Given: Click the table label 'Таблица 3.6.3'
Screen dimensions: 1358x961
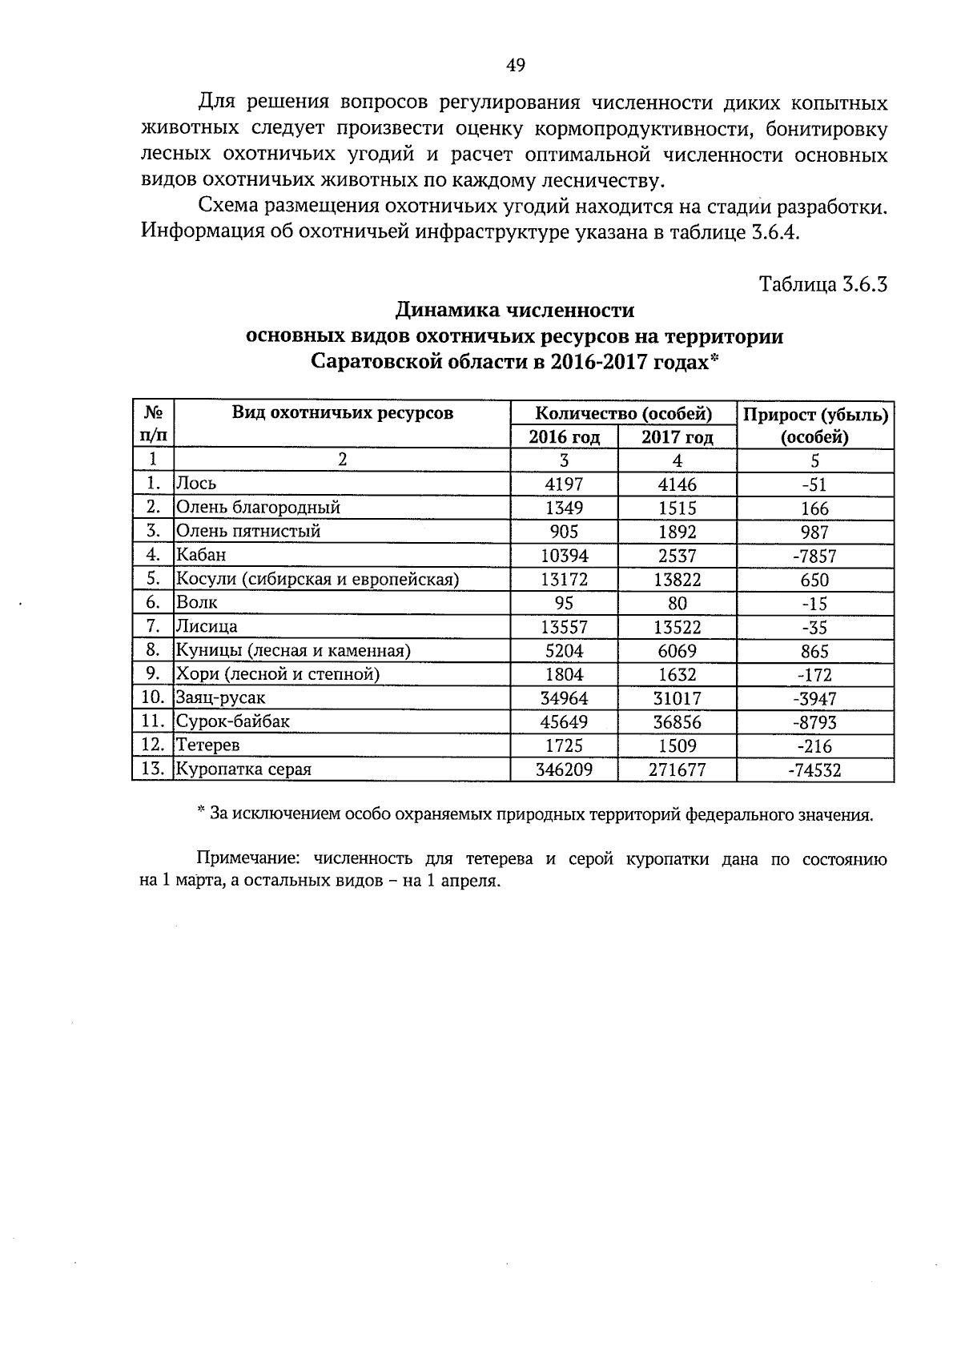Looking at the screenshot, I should [x=823, y=284].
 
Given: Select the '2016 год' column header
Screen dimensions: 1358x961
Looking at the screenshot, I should [x=564, y=437].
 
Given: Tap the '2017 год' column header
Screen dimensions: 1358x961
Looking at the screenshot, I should [x=677, y=437].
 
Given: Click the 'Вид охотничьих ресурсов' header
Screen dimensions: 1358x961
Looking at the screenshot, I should [x=343, y=413].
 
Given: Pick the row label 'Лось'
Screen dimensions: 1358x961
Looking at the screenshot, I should [x=196, y=484].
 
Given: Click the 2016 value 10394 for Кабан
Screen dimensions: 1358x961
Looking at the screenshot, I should [x=564, y=555].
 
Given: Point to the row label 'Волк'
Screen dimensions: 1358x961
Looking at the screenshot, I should [x=197, y=602].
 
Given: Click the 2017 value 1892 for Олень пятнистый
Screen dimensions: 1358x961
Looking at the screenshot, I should [x=677, y=532].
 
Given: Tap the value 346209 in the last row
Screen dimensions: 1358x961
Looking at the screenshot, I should [x=564, y=769].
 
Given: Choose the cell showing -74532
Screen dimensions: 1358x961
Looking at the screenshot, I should [x=814, y=770].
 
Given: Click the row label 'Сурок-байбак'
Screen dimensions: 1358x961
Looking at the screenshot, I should [x=233, y=721].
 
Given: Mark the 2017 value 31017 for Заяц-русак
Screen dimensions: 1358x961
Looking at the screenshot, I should [x=677, y=698].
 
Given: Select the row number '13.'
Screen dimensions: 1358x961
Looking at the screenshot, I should [x=152, y=769].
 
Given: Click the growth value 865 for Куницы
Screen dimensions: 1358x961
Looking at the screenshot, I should [x=814, y=651].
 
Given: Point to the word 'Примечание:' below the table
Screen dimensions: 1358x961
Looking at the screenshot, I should [x=248, y=860].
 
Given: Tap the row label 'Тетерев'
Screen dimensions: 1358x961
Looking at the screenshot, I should [x=207, y=745].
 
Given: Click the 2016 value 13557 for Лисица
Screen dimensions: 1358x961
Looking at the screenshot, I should [x=564, y=627].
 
